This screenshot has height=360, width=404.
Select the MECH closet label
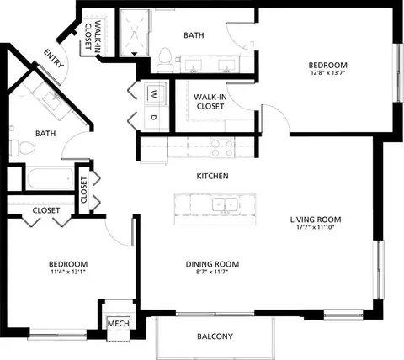(x=115, y=323)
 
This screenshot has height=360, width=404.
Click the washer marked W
(x=155, y=93)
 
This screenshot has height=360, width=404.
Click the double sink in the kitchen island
(x=223, y=204)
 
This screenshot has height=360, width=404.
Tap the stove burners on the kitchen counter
(x=221, y=148)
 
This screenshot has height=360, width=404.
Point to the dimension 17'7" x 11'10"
(x=317, y=228)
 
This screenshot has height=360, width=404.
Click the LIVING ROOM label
(x=317, y=219)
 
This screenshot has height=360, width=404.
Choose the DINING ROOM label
(x=213, y=264)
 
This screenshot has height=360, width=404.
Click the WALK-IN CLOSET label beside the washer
(x=210, y=101)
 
